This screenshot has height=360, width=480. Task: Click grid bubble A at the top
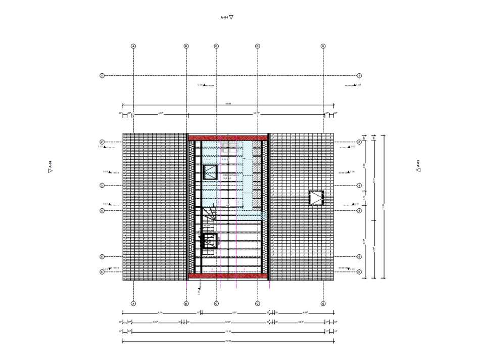(x=133, y=46)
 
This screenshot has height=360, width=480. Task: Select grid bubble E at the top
(x=323, y=46)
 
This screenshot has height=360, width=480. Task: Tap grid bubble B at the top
(x=186, y=46)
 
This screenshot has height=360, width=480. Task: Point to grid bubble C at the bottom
(x=216, y=304)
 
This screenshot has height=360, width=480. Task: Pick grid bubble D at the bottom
(x=257, y=304)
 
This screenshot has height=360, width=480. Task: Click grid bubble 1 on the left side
(x=102, y=75)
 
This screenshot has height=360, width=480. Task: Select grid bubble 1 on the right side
(x=359, y=75)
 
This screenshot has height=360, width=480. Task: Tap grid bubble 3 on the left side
(x=102, y=186)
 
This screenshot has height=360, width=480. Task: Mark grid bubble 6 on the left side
(x=102, y=272)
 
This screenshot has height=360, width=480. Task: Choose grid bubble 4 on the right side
(x=359, y=210)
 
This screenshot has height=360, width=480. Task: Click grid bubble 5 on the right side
(x=359, y=257)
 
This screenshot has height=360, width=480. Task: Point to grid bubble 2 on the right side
(x=359, y=142)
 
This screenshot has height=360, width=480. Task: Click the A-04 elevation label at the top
(x=227, y=17)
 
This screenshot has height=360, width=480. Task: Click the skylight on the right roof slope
(x=316, y=198)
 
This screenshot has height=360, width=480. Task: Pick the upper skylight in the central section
(x=210, y=172)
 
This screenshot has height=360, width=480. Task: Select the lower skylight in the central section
(x=209, y=241)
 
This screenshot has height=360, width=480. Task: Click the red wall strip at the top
(x=227, y=137)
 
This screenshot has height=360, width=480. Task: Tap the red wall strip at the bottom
(x=227, y=276)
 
